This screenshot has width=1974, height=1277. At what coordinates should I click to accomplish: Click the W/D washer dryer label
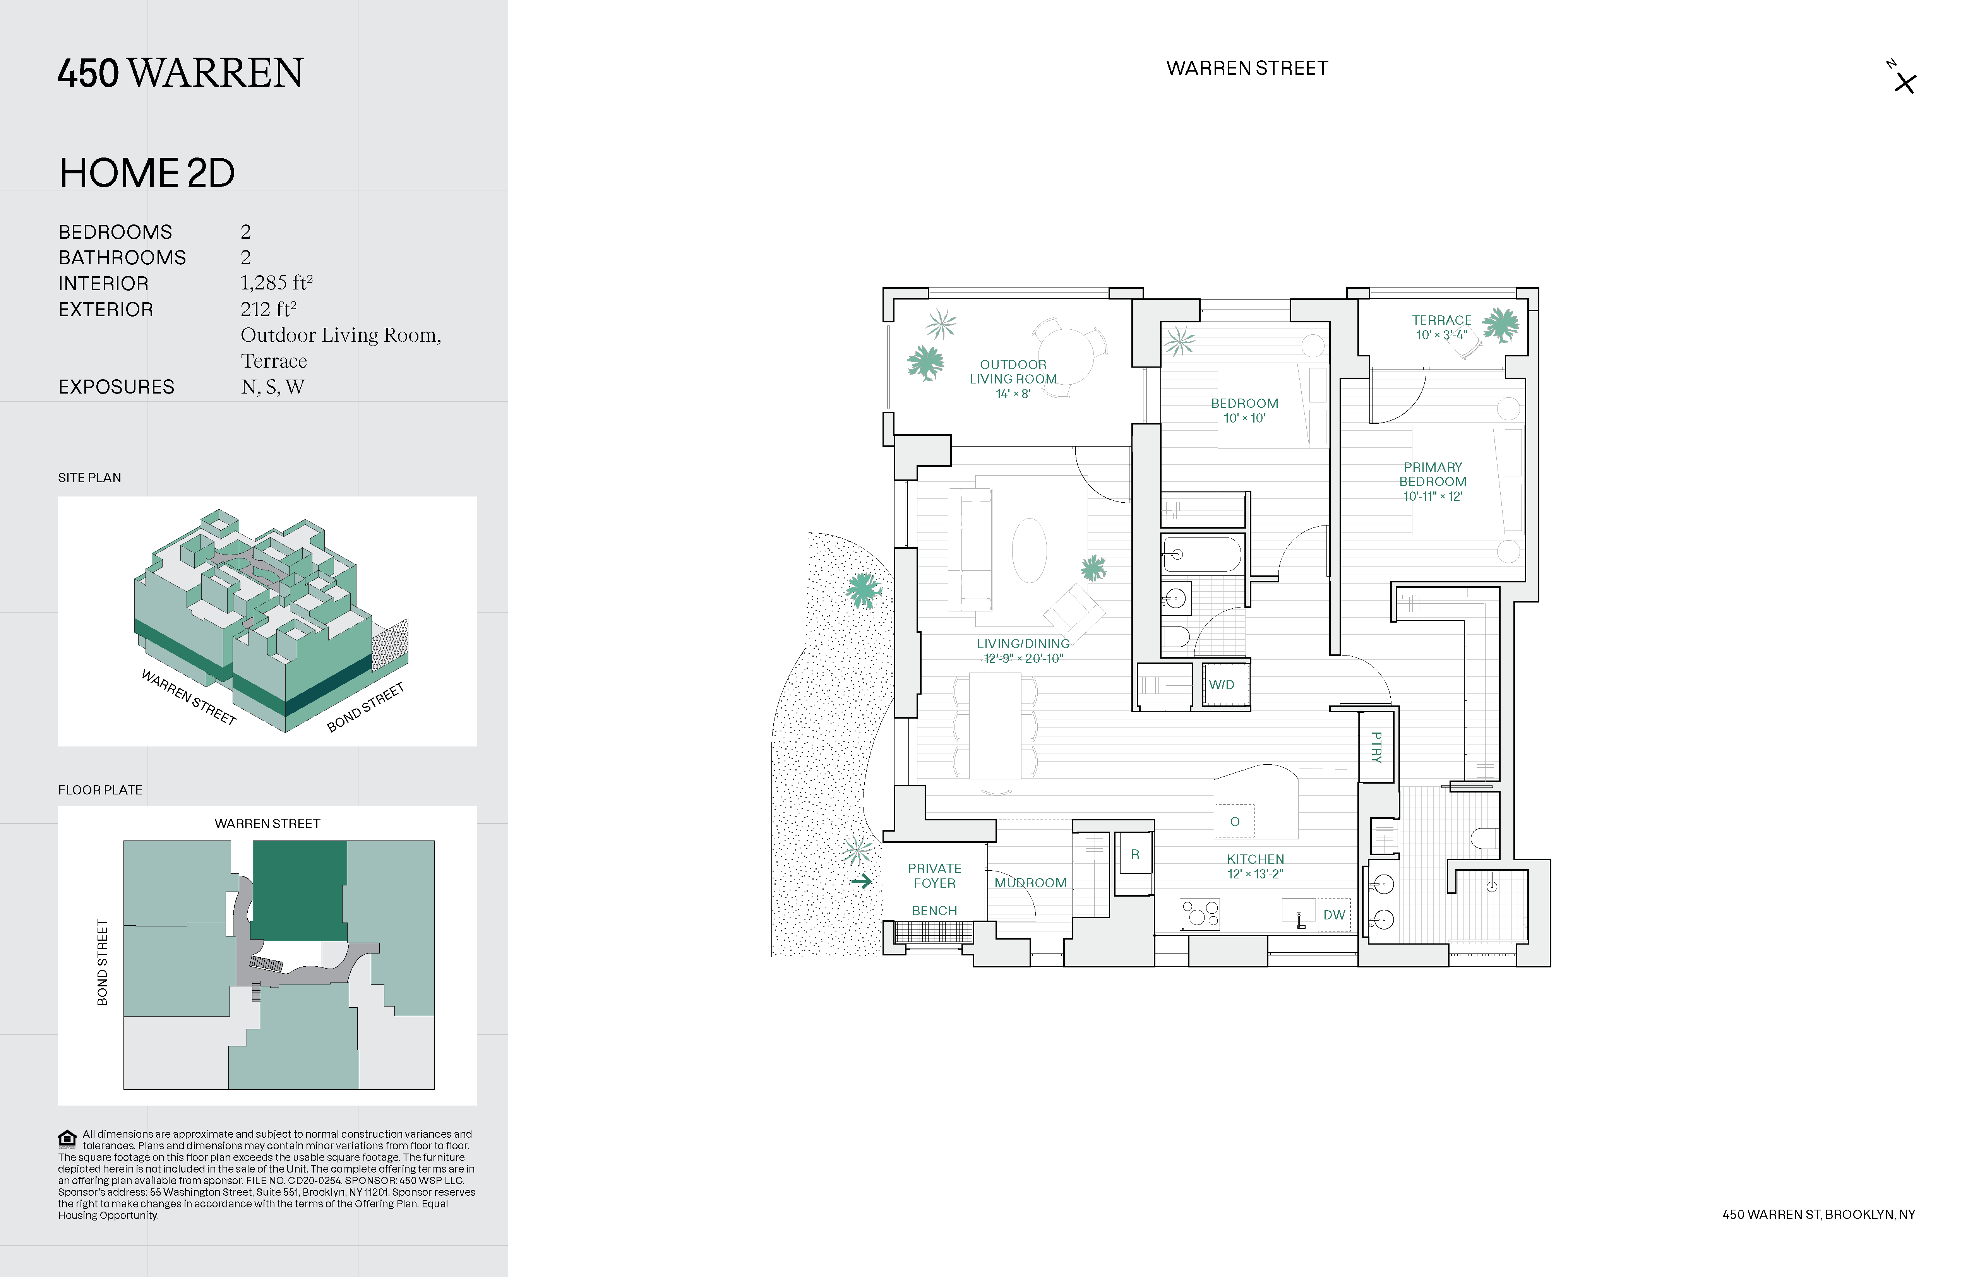pyautogui.click(x=1221, y=685)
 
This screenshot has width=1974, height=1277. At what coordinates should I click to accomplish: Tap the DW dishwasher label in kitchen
pyautogui.click(x=1334, y=915)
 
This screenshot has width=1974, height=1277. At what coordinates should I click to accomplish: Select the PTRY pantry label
pyautogui.click(x=1377, y=747)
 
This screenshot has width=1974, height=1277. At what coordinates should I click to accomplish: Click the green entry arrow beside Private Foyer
pyautogui.click(x=862, y=882)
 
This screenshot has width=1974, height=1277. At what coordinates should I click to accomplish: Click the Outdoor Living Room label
pyautogui.click(x=1013, y=378)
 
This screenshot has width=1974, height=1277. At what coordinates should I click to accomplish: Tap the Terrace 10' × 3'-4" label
pyautogui.click(x=1441, y=327)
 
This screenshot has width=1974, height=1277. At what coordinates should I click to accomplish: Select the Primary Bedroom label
pyautogui.click(x=1433, y=481)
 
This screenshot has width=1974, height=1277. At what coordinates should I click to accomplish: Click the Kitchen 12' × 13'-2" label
pyautogui.click(x=1255, y=866)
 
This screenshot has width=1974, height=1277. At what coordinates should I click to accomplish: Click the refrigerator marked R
pyautogui.click(x=1134, y=854)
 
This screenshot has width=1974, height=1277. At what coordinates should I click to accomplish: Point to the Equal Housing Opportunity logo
pyautogui.click(x=67, y=1138)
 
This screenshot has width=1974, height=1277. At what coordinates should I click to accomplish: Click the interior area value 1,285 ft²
pyautogui.click(x=276, y=284)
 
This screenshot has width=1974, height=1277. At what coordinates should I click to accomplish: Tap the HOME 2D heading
pyautogui.click(x=147, y=173)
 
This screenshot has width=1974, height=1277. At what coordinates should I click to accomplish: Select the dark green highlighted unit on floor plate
pyautogui.click(x=298, y=890)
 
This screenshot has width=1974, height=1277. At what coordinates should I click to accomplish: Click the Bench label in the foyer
pyautogui.click(x=934, y=911)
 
